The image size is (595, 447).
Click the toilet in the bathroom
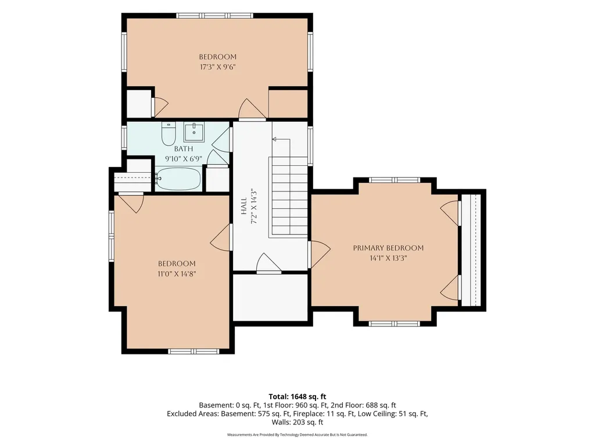coord(169,133)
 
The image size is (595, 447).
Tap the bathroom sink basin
coord(194,132)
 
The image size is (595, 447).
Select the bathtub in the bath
coord(178,179)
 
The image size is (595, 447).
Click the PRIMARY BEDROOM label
coord(388,248)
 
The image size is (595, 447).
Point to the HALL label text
coord(244,205)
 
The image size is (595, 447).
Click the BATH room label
coord(184,148)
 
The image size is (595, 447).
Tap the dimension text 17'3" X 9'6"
coord(218,68)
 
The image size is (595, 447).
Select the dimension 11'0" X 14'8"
coord(177,274)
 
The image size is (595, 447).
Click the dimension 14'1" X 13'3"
coord(388,258)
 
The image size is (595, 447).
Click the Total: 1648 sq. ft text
coord(297,397)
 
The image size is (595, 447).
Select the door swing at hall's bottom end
coord(268,263)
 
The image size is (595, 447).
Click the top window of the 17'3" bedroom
coord(215,16)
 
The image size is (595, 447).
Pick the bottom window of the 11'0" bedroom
coord(194,352)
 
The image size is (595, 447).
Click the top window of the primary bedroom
coord(395,180)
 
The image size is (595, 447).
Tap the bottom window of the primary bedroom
coord(395,324)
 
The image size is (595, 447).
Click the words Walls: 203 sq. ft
coord(297,423)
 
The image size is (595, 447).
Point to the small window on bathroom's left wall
coord(124,137)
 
